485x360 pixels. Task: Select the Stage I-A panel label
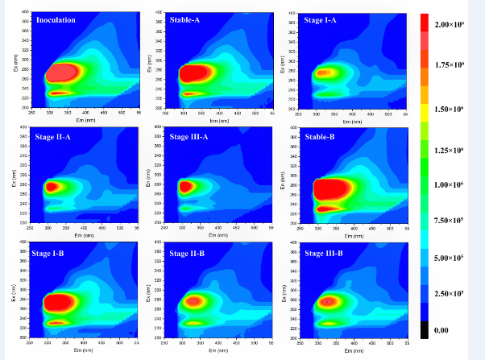[x=321, y=19]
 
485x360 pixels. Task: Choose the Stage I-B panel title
[x=56, y=254]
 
